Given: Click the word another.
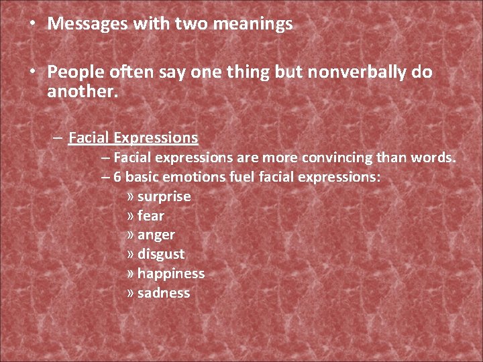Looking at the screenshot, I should [x=83, y=91].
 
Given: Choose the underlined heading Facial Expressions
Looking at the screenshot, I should [x=133, y=138].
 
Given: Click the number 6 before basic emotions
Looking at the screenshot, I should [x=117, y=178].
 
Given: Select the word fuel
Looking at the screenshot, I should [x=238, y=178].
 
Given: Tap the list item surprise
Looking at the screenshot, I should [x=164, y=197].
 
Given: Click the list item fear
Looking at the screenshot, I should [x=150, y=216].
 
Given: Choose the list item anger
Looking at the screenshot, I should [x=156, y=235].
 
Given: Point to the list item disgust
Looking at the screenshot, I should [x=160, y=255].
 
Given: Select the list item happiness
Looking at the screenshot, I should [x=170, y=274].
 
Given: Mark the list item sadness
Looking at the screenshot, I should [x=163, y=293].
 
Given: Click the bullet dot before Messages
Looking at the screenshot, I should [x=32, y=23].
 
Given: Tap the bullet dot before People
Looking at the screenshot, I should [x=32, y=71].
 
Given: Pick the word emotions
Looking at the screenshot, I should [x=191, y=178].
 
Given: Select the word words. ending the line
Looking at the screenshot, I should [x=437, y=158].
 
